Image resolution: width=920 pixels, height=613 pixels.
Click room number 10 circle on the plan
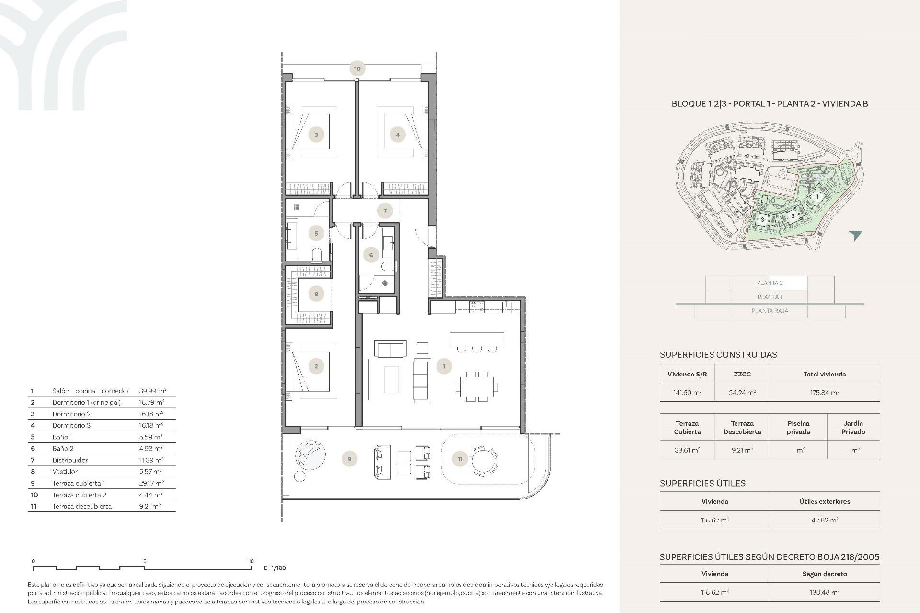point(357,68)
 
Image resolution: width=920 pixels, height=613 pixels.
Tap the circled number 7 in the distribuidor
point(385,211)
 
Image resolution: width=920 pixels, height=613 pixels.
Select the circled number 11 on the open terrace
point(460,459)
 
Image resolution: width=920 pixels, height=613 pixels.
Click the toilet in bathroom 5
point(317,255)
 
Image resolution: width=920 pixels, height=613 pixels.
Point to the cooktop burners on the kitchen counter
point(477,307)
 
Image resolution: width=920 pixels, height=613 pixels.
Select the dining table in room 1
point(477,386)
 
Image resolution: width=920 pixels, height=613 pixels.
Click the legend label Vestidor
point(65,472)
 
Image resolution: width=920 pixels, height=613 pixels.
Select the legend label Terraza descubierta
point(82,506)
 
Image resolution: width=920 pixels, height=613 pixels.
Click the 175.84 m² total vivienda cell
point(824,392)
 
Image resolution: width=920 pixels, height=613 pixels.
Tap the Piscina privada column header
point(798,427)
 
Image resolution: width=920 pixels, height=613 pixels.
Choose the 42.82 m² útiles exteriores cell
point(824,520)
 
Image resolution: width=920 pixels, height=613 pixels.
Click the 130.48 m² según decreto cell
point(824,592)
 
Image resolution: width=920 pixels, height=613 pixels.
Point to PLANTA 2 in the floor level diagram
point(770,283)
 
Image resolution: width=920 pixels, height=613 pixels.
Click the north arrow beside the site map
point(855,235)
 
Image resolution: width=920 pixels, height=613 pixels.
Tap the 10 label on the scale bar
point(251,561)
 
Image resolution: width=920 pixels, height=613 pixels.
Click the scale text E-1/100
point(275,568)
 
